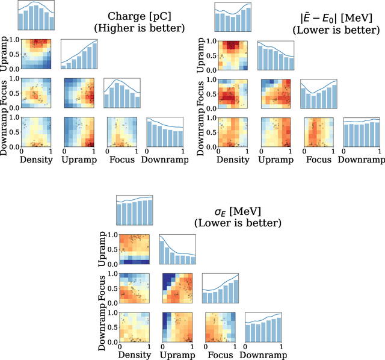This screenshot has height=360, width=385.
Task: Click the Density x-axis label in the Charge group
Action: tap(35, 160)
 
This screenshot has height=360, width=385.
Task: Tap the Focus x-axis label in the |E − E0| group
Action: tap(319, 160)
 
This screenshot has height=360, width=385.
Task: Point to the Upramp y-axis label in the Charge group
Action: tap(5, 54)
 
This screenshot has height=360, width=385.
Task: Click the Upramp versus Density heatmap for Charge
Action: tap(36, 54)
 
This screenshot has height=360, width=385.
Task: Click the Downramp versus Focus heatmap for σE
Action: tap(220, 327)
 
